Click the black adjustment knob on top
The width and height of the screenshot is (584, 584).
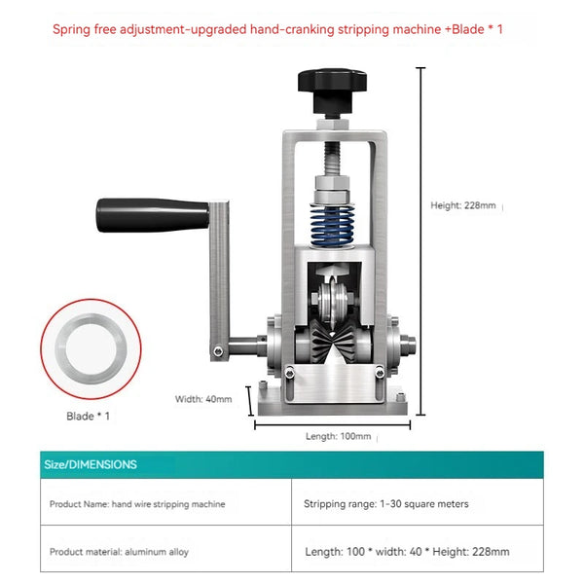click(x=332, y=90)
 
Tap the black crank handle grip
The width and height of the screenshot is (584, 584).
click(x=153, y=215)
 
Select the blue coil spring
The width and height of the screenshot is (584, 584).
click(x=332, y=226)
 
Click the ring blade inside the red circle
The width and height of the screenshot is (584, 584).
click(x=91, y=348)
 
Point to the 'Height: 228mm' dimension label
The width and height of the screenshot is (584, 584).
click(x=463, y=205)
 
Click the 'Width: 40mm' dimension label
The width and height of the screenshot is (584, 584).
click(x=203, y=399)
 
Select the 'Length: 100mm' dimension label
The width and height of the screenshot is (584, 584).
click(x=338, y=436)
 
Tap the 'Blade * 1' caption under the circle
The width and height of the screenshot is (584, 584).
click(x=88, y=416)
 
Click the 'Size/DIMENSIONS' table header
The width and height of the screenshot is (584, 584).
click(x=91, y=464)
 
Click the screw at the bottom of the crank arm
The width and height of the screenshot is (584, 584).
click(x=218, y=350)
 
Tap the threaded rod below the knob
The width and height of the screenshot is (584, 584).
click(x=332, y=160)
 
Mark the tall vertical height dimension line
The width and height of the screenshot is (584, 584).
click(x=420, y=241)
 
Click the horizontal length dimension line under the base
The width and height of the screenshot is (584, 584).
click(x=332, y=424)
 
